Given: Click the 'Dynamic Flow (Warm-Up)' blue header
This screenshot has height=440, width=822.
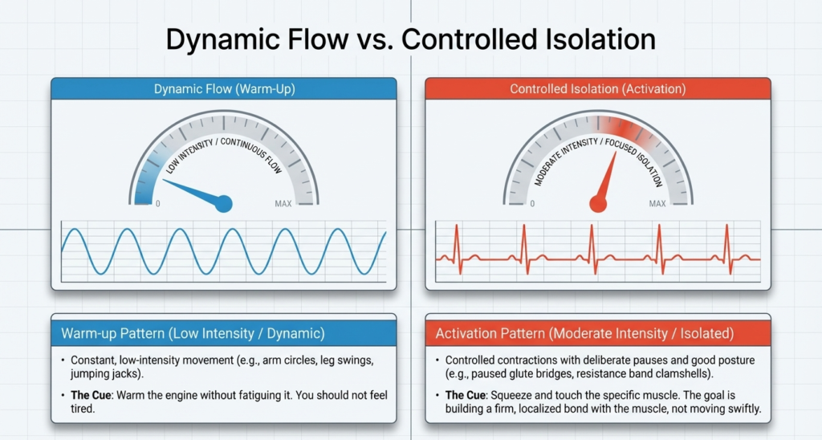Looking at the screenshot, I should click(x=224, y=89).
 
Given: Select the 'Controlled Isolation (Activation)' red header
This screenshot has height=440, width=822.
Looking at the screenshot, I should click(x=597, y=89).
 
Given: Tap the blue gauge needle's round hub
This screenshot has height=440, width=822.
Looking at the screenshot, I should click(x=224, y=204).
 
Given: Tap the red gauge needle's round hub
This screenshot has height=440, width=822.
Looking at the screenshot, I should click(x=598, y=204).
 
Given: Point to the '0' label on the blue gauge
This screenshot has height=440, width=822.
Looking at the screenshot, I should click(x=157, y=204).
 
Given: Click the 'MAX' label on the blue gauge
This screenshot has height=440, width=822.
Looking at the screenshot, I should click(x=283, y=204).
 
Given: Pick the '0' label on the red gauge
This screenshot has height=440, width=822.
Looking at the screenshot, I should click(x=532, y=204).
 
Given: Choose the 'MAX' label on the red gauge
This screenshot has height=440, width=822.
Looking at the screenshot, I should click(x=657, y=204).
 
